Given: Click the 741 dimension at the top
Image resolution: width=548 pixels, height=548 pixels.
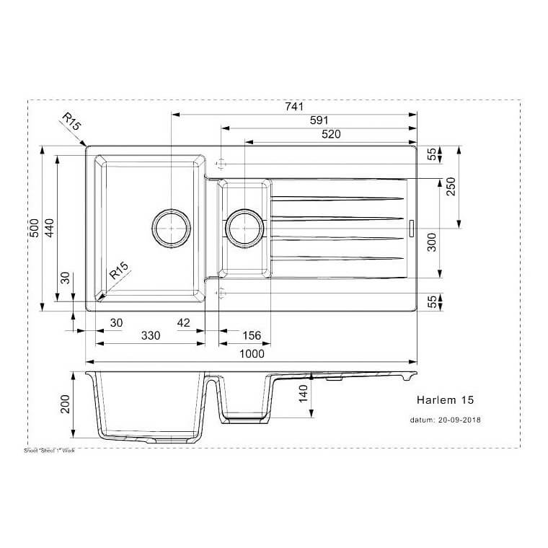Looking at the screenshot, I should tap(293, 107).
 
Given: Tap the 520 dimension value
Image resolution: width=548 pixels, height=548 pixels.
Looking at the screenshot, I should tap(331, 134).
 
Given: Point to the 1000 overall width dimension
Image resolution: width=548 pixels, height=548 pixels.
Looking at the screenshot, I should tap(252, 353).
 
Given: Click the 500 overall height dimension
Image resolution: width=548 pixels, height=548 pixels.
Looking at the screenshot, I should tap(34, 229).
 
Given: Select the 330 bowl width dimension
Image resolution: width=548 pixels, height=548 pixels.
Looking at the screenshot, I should tap(150, 336).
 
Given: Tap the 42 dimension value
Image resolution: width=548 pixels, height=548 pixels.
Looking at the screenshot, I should tap(183, 322).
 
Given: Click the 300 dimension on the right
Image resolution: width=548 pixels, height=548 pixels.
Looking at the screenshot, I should tap(432, 242).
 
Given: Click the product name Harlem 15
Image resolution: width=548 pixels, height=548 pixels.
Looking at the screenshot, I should tap(445, 399).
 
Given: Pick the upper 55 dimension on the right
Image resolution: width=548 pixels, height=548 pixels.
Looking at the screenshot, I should tap(432, 154).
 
